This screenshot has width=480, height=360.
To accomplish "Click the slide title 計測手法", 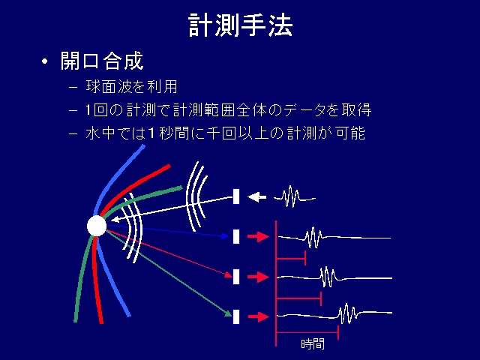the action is click(x=240, y=25).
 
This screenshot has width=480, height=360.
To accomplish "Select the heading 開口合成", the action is click(x=102, y=61).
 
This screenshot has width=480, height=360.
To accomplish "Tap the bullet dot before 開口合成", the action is click(x=45, y=61).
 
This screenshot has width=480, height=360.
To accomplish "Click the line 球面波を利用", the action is click(x=132, y=87).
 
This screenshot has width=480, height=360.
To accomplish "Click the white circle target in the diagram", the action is click(x=97, y=226).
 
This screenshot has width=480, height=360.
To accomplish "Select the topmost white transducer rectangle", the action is click(x=236, y=196).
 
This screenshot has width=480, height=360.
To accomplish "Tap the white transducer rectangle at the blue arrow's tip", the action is click(x=236, y=236).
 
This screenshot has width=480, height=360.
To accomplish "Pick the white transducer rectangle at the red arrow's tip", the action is click(x=236, y=277).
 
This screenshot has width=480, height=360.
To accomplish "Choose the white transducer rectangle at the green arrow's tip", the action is click(x=236, y=316).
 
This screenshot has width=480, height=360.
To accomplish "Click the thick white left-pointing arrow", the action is click(x=256, y=196).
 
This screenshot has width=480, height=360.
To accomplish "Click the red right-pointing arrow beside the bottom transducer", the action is click(x=258, y=316).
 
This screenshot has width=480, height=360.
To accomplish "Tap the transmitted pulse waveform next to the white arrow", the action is click(x=294, y=196).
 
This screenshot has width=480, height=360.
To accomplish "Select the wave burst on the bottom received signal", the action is click(x=347, y=313).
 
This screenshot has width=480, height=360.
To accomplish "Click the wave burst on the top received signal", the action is click(x=313, y=238).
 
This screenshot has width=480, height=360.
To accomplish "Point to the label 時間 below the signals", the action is click(x=313, y=344).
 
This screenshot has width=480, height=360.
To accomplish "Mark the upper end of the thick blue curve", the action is click(x=143, y=146).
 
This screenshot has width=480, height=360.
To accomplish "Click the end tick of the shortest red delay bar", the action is click(x=305, y=258).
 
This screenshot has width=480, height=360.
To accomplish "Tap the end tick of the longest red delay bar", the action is click(x=338, y=332).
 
